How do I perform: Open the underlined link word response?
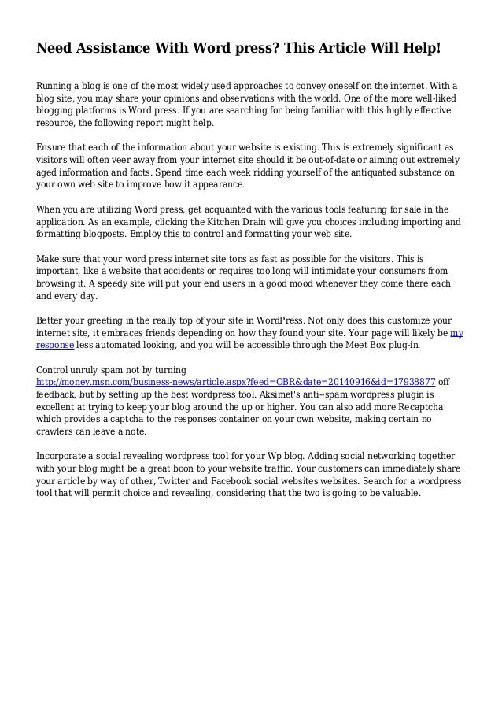click(56, 345)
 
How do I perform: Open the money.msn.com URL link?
click(236, 382)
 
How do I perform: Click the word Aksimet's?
click(290, 394)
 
